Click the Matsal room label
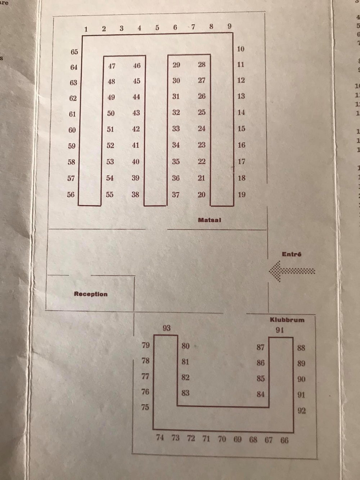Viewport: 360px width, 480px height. (210, 220)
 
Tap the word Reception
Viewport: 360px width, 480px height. (91, 294)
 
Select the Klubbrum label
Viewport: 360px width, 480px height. (287, 320)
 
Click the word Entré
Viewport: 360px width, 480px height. (292, 254)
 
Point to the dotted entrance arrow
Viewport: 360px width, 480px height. (292, 271)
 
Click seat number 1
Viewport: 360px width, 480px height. (86, 29)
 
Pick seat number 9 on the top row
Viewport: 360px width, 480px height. (230, 26)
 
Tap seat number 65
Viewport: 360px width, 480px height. (74, 52)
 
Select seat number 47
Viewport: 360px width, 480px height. (112, 66)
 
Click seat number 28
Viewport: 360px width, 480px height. (202, 64)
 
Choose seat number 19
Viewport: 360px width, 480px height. (242, 194)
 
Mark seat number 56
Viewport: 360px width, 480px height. (71, 194)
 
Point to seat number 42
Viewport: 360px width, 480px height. (136, 129)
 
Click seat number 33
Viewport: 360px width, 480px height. (176, 129)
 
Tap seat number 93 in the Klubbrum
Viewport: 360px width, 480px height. (166, 328)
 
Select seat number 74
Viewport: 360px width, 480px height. (160, 438)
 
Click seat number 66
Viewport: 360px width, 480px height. (284, 440)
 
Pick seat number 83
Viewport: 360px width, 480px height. (185, 393)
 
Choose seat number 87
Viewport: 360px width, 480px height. (261, 347)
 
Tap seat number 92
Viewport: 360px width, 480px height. (302, 411)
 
